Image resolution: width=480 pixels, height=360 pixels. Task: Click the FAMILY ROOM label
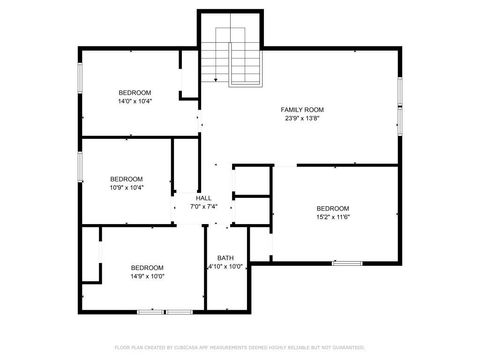point(302,109)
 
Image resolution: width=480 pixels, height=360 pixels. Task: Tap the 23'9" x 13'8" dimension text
point(302,118)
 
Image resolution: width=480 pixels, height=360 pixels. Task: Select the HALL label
point(203,198)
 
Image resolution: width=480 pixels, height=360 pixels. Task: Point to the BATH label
point(225,257)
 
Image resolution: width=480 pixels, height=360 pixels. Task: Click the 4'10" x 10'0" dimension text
point(225,267)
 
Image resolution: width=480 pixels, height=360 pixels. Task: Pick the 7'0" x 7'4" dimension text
point(203,207)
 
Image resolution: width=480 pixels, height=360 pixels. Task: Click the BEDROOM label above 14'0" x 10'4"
point(134,92)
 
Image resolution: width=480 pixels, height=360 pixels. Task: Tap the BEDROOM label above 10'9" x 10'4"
point(126,178)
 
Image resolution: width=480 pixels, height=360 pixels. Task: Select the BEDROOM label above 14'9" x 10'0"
point(147,267)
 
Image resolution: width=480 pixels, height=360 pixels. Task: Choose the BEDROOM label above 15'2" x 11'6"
point(333,208)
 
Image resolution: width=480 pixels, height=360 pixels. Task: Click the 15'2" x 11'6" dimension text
point(333,217)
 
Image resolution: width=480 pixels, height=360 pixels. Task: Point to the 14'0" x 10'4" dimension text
point(134,101)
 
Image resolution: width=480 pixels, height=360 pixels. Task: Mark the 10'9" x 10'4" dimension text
point(126,187)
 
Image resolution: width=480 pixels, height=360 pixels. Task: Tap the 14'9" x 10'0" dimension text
point(147,276)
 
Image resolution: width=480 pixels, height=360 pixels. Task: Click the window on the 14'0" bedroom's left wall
point(81,79)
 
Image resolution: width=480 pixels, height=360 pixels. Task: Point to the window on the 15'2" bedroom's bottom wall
point(347,263)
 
